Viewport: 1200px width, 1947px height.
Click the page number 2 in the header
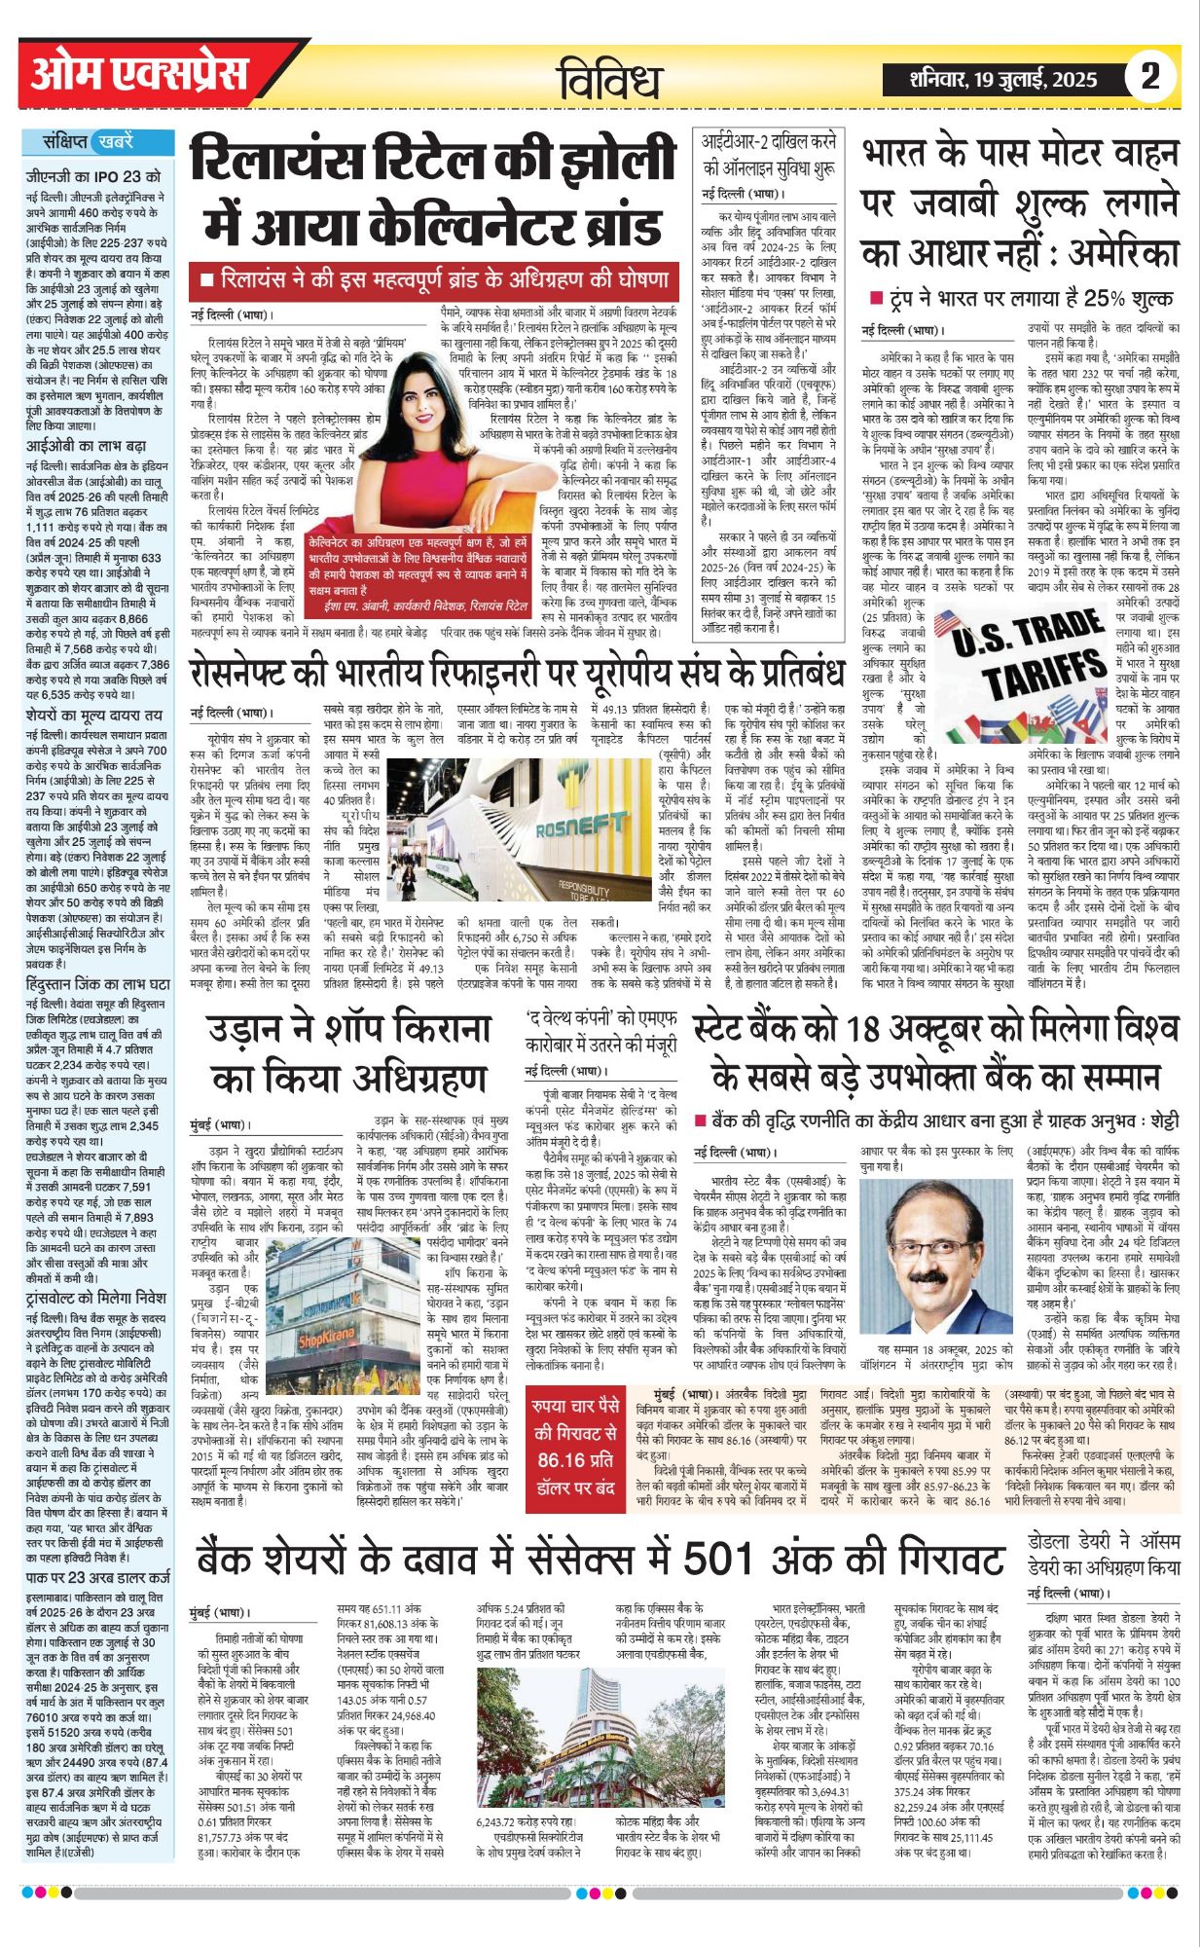click(x=1150, y=76)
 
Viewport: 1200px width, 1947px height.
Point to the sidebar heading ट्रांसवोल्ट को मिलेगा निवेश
click(x=95, y=1298)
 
